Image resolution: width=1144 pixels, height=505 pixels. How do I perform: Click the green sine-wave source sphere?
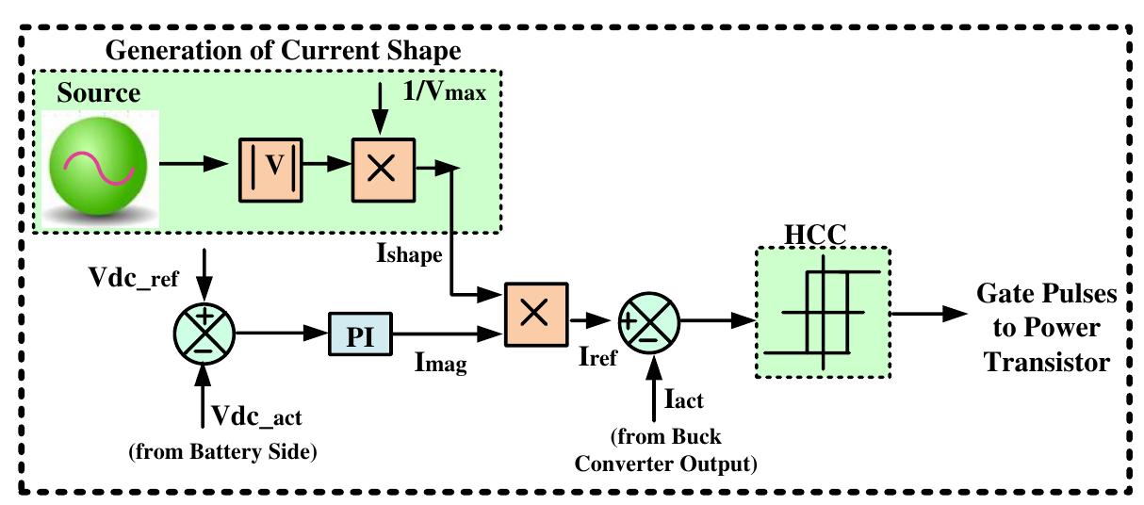point(99,171)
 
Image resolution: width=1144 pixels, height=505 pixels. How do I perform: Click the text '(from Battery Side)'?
point(222,450)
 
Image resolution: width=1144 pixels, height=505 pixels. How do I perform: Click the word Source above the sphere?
point(98,92)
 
